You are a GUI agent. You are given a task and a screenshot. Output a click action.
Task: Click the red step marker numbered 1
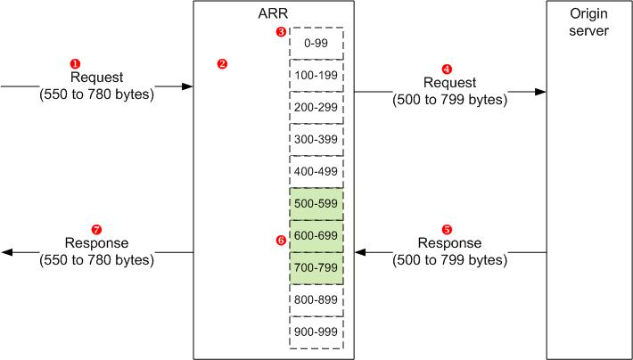pos(75,63)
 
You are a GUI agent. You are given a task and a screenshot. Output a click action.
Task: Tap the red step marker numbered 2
pos(222,64)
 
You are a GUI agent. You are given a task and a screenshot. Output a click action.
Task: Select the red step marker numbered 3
pos(281,32)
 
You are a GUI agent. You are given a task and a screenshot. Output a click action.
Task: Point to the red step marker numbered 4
pos(447,68)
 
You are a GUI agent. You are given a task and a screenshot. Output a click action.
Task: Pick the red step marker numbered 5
pos(447,228)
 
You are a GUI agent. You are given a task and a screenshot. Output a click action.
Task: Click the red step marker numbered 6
pos(281,239)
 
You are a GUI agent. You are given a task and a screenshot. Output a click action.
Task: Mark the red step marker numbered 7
pos(96,228)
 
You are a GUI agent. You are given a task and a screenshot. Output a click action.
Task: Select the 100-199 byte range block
pos(316,75)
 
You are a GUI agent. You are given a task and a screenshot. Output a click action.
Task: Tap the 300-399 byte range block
pos(316,139)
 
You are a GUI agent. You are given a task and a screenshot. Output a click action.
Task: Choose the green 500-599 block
pos(316,203)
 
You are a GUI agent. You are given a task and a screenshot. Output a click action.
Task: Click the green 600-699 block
pos(316,235)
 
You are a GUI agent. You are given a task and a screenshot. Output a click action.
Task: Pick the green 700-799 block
pos(316,267)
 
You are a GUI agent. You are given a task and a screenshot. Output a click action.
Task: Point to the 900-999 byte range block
pos(316,331)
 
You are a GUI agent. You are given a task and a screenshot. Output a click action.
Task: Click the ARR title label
pos(273,14)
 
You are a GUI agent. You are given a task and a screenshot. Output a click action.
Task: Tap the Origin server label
pos(588,23)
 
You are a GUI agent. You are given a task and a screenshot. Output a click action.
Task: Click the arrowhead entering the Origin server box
pos(540,91)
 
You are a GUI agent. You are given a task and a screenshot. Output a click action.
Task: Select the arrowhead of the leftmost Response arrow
pos(7,252)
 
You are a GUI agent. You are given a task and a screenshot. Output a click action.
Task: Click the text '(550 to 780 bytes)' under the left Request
pos(96,94)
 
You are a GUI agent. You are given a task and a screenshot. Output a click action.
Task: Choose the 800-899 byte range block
pos(316,299)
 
